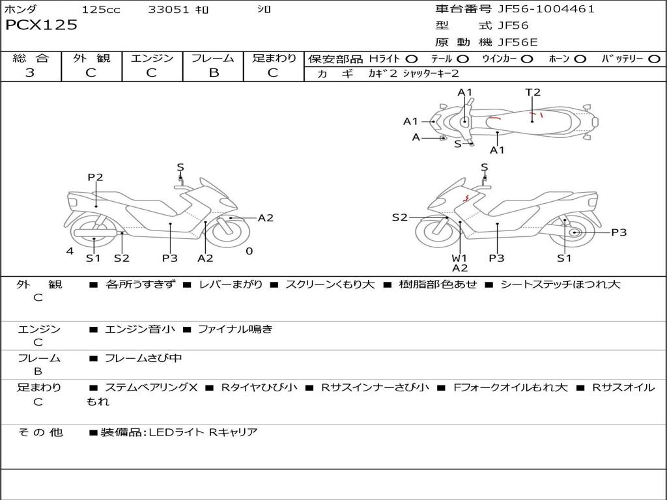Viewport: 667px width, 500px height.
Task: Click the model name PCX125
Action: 41,25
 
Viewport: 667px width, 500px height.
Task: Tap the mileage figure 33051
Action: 169,10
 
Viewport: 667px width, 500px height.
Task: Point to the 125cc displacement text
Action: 101,10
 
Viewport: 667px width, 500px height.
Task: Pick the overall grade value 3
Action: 30,73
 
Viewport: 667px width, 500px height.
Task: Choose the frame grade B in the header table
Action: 213,73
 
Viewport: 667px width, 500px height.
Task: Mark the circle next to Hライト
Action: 412,59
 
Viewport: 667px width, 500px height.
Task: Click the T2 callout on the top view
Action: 533,92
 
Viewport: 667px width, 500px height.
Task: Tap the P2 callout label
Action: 95,177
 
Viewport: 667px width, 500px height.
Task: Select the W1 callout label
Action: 460,258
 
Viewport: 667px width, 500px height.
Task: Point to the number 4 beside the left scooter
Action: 70,251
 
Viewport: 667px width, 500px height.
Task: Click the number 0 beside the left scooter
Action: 249,251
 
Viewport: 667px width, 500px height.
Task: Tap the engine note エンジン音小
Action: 140,329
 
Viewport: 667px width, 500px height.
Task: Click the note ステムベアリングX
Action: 151,387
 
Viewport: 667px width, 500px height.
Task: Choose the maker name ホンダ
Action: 21,10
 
